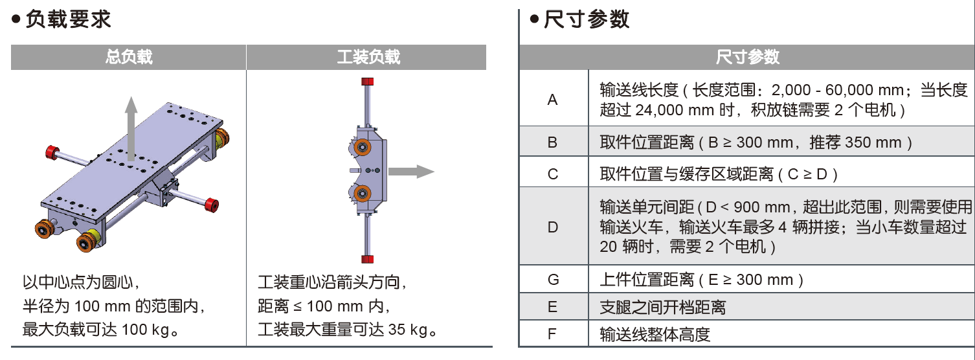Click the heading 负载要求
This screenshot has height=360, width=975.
click(67, 19)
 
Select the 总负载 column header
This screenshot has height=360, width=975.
click(129, 57)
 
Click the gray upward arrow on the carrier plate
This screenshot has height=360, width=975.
click(131, 126)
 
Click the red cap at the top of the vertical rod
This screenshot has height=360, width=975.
click(368, 82)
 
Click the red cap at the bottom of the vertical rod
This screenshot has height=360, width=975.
click(368, 260)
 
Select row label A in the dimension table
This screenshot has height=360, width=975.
click(552, 100)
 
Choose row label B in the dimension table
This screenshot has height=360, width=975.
click(552, 142)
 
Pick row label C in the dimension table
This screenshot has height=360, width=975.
click(552, 174)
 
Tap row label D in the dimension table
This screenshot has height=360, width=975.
click(552, 227)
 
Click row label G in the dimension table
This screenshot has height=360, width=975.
click(552, 280)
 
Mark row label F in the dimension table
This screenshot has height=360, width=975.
click(552, 335)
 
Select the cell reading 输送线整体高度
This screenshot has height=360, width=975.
click(655, 335)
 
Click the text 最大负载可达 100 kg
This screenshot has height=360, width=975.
click(100, 330)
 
